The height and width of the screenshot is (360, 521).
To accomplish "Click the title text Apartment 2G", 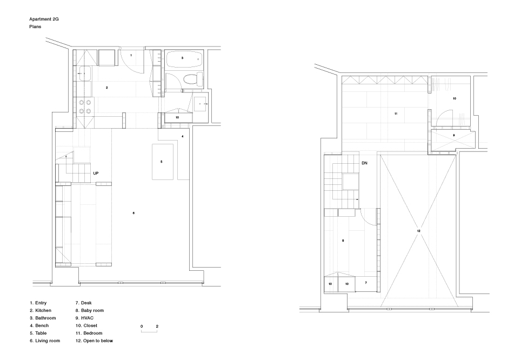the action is [44, 19].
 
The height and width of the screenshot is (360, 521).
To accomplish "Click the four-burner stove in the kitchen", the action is [85, 106].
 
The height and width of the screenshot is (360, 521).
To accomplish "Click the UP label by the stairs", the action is [96, 173].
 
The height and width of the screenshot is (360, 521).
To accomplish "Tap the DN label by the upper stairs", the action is [364, 163].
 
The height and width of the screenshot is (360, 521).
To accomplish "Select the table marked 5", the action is [163, 162].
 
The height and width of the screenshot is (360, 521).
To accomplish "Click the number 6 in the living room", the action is [133, 213].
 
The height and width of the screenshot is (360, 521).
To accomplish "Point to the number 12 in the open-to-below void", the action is [419, 231].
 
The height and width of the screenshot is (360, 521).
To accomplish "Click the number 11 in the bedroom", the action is [396, 114].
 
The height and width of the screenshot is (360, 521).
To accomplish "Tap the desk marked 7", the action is [366, 284].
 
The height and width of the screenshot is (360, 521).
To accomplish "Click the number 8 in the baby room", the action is [343, 241].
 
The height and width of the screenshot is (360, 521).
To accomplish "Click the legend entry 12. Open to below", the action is [94, 341].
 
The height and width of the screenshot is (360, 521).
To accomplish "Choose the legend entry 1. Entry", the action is [38, 303].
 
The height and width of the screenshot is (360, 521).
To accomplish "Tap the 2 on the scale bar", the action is [157, 326].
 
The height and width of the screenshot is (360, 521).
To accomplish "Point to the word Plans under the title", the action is [35, 26].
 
